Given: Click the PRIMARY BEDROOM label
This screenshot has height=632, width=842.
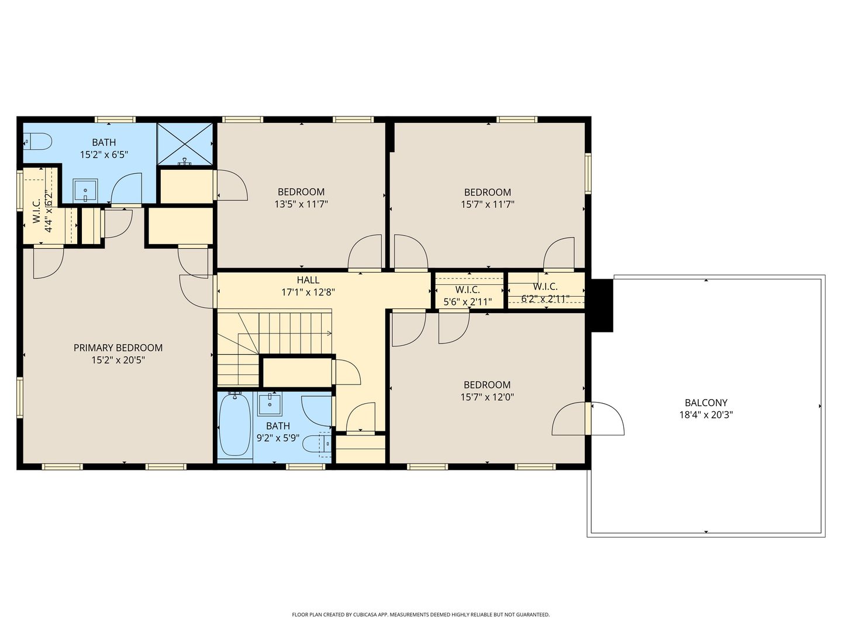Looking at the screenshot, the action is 118,348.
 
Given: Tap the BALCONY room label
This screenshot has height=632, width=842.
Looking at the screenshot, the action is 706,403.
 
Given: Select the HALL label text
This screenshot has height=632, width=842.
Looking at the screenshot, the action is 308,280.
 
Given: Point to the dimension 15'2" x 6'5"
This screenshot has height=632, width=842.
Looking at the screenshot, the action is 103,154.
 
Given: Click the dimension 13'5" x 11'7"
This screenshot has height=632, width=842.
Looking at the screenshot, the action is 301,204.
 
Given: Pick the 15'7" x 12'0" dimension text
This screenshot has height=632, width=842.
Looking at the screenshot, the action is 487,397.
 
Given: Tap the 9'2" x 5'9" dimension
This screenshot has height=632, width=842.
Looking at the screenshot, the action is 278,438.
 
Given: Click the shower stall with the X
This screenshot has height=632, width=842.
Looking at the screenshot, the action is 185,144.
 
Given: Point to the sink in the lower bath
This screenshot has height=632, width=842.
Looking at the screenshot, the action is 270,404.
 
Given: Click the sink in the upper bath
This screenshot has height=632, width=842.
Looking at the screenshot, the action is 85,190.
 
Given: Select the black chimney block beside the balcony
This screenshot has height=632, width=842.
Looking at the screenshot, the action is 602,305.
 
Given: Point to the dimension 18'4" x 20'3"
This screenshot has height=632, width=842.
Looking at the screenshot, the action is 706,415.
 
